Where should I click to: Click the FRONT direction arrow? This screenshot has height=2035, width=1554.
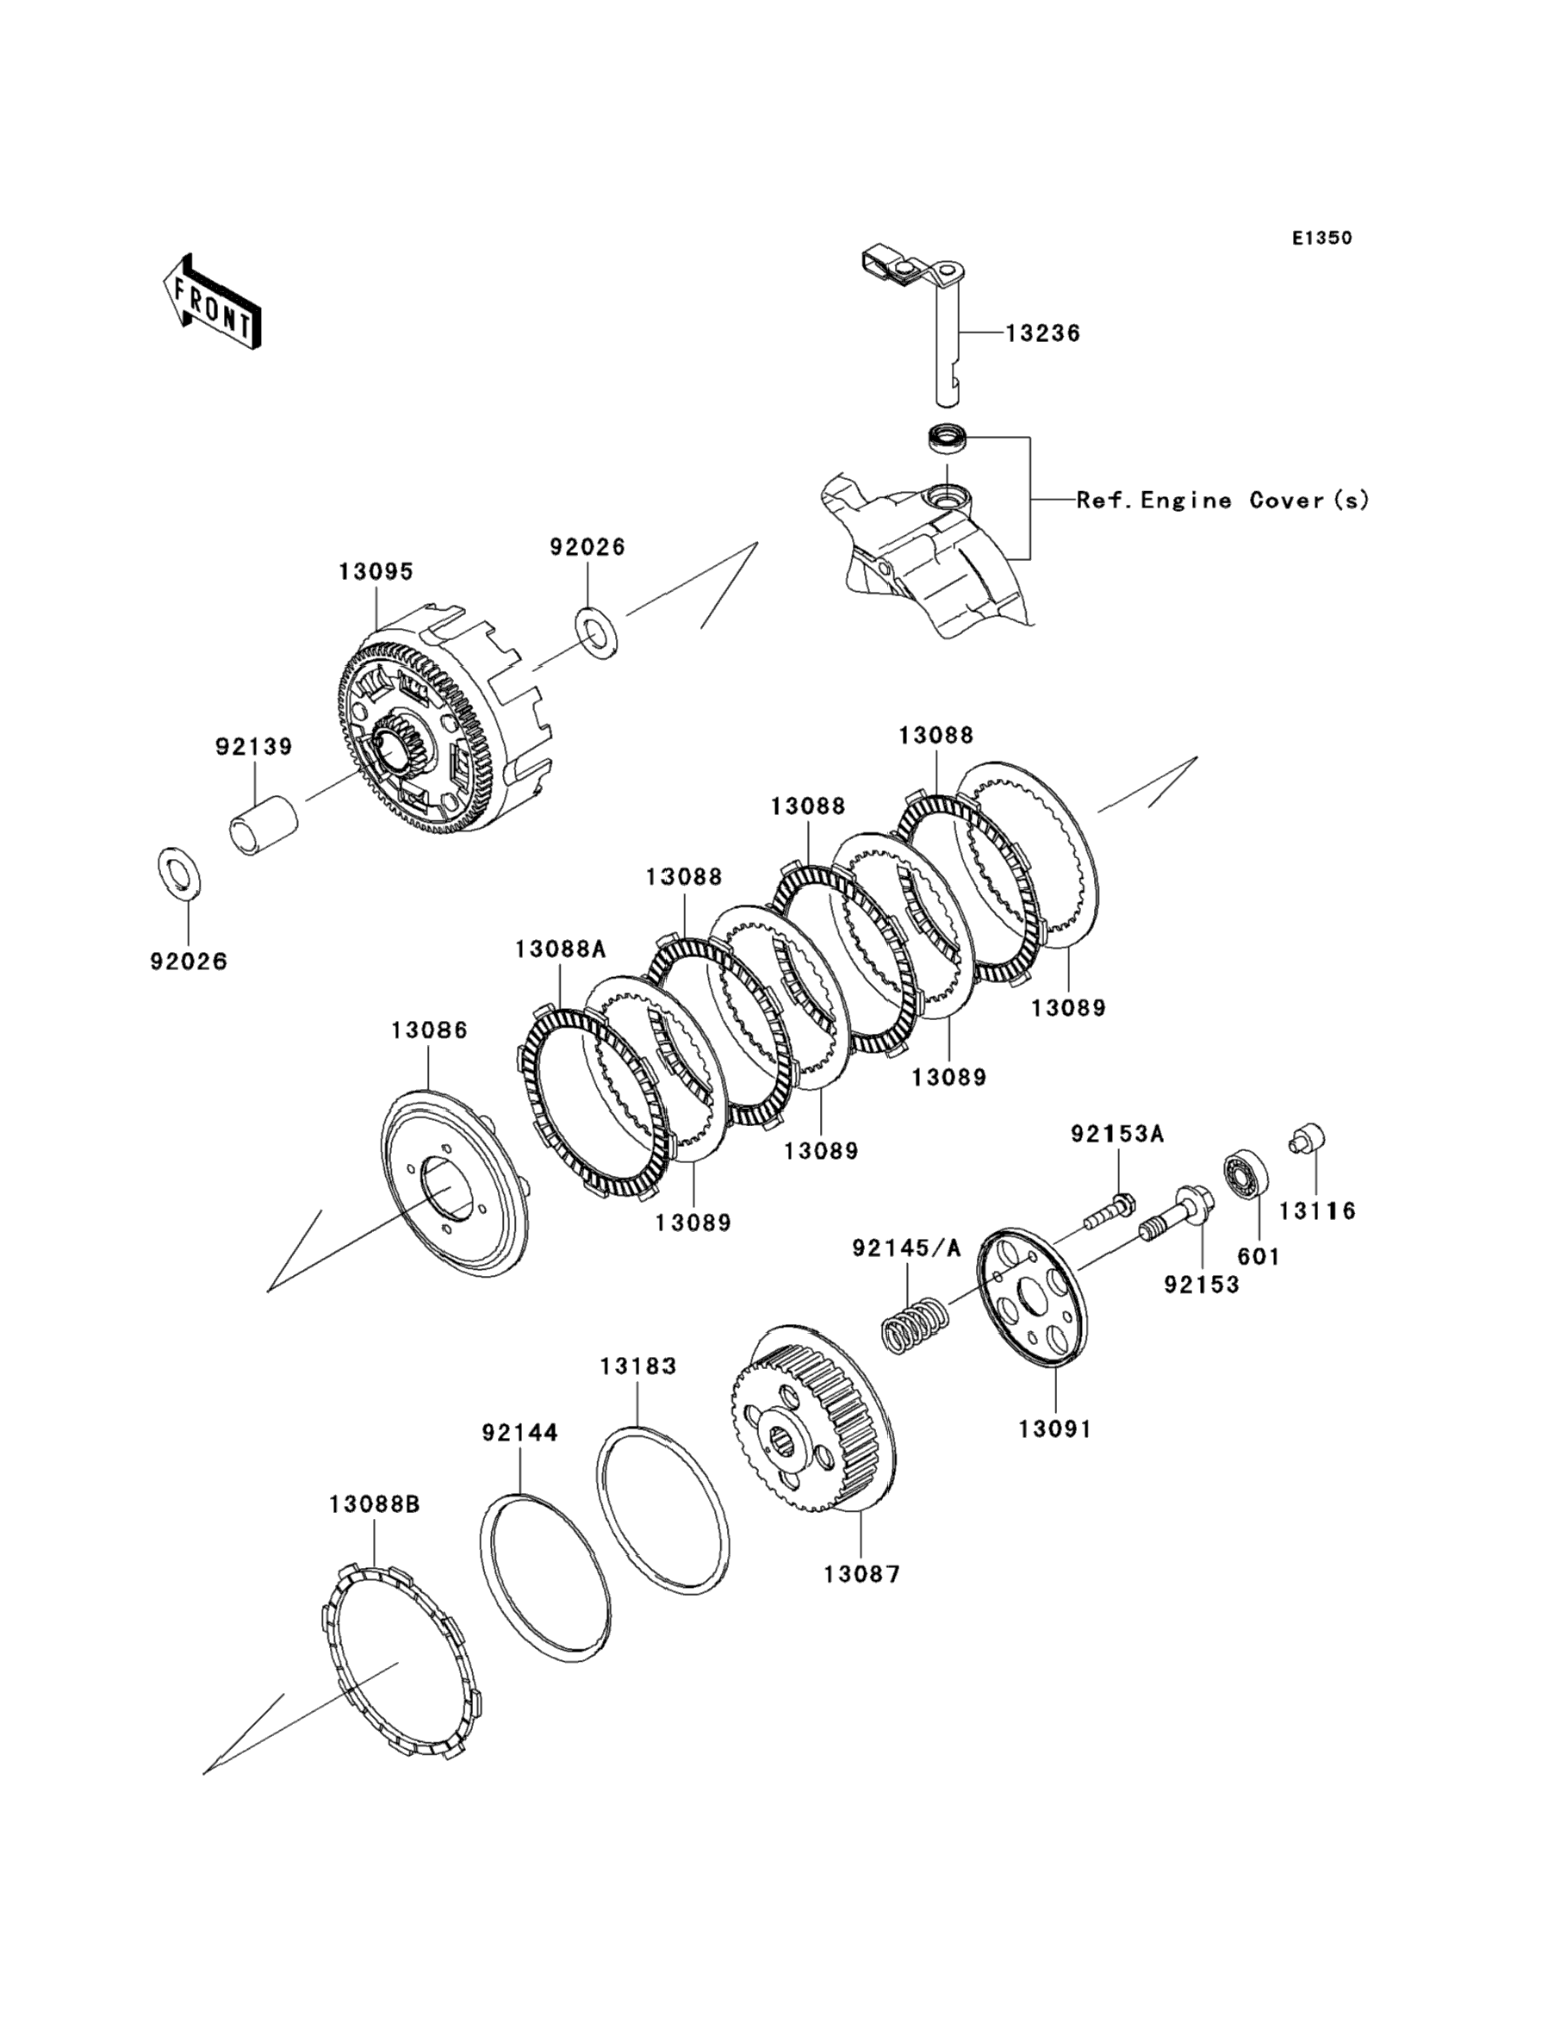[x=212, y=302]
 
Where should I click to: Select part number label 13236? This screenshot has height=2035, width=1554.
[x=1042, y=333]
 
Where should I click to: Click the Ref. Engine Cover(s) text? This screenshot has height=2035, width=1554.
[x=1222, y=501]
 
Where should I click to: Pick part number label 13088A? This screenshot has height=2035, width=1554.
[x=561, y=949]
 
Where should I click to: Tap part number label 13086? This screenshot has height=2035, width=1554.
[x=428, y=1030]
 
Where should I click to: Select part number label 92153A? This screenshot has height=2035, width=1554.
[x=1117, y=1134]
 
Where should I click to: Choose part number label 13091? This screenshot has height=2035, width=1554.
[x=1055, y=1429]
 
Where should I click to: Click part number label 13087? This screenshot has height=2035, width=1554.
[x=862, y=1573]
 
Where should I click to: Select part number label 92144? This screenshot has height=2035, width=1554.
[x=519, y=1433]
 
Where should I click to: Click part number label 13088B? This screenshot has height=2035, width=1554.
[x=375, y=1505]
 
